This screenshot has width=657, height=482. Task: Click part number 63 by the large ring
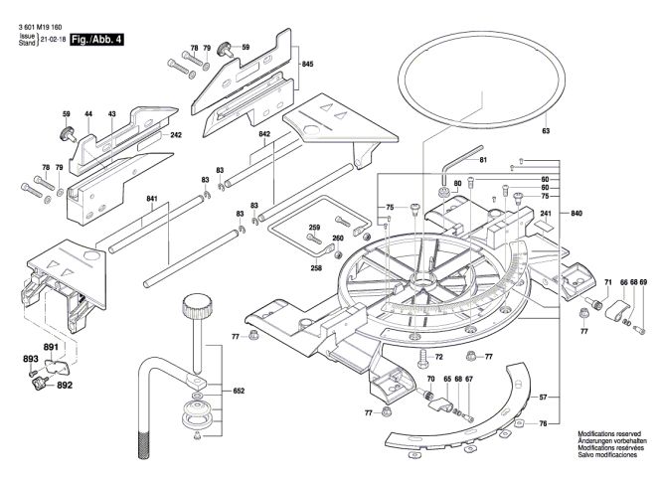coord(546,131)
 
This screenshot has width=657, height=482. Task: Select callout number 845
coord(307,65)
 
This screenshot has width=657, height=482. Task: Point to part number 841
coord(152,200)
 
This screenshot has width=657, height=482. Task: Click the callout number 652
coord(239,392)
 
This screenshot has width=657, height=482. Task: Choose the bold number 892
coord(65,385)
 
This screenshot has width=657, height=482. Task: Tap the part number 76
coord(570,424)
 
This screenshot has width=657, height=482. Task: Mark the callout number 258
coord(317,268)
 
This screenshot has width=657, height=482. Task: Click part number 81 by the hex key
coord(483,161)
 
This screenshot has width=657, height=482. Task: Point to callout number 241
coord(546,214)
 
